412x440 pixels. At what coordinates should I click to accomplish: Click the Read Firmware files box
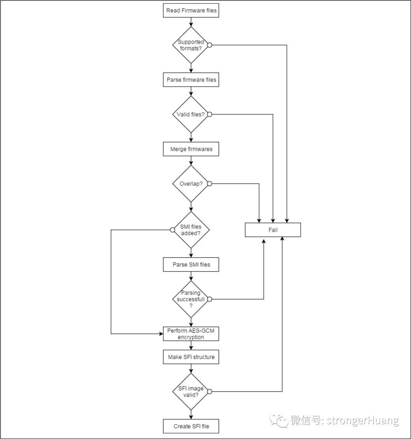[x=191, y=10]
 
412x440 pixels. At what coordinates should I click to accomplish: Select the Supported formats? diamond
[x=191, y=45]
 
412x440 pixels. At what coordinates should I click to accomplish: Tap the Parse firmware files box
[x=191, y=80]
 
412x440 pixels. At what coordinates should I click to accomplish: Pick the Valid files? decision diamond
[x=191, y=114]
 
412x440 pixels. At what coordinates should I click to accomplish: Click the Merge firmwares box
[x=191, y=149]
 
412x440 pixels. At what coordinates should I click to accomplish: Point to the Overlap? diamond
[x=191, y=184]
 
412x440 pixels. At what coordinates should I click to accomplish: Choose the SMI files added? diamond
[x=191, y=230]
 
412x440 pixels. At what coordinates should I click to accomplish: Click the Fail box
[x=273, y=230]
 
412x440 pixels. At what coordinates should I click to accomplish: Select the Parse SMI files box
[x=191, y=264]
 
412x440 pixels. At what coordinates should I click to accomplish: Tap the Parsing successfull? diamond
[x=191, y=299]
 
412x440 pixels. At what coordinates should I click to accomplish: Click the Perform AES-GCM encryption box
[x=191, y=334]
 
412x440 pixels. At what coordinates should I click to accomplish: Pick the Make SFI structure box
[x=191, y=357]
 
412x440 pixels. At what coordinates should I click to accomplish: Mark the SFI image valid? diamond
[x=191, y=392]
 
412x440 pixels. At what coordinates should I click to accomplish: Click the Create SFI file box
[x=191, y=426]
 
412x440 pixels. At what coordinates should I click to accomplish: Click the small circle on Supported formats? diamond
[x=210, y=45]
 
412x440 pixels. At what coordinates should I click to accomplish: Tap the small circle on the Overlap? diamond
[x=210, y=184]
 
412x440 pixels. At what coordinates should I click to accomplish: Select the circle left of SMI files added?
[x=172, y=230]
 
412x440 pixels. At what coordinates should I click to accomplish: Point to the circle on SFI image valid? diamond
[x=210, y=392]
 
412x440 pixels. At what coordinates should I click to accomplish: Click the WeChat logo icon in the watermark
[x=279, y=421]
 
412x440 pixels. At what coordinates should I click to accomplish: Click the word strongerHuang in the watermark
[x=362, y=421]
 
